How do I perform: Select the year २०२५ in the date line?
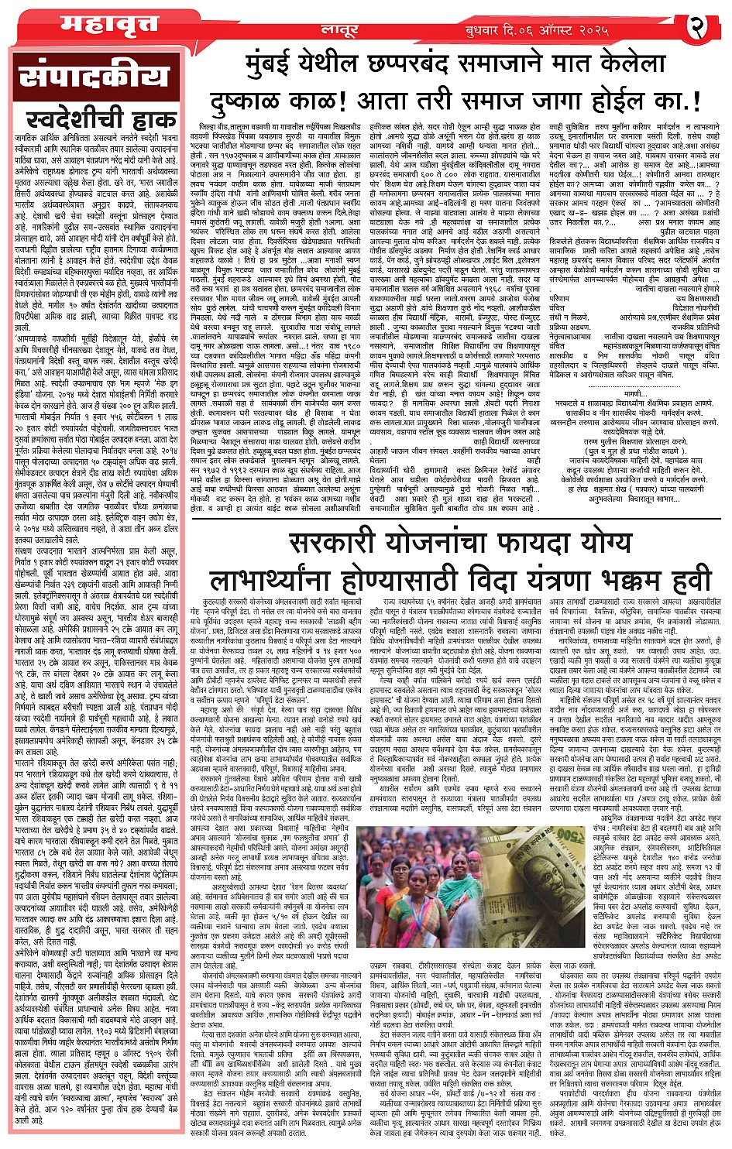[x=642, y=29]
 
